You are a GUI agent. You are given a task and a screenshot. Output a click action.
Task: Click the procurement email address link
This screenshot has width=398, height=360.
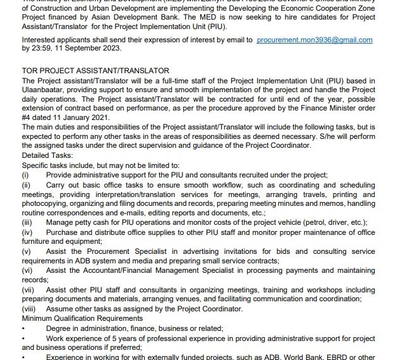point(315,40)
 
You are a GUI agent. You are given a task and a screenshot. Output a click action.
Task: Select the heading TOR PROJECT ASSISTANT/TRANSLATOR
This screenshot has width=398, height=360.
point(95,71)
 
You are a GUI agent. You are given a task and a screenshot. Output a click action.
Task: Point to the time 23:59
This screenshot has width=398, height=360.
point(42,48)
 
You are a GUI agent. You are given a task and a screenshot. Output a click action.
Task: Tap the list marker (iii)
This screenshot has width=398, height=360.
point(27,222)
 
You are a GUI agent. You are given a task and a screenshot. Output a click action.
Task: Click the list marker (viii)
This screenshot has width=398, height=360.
point(28,309)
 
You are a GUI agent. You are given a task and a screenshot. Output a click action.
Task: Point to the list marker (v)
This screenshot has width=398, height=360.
point(26,251)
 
